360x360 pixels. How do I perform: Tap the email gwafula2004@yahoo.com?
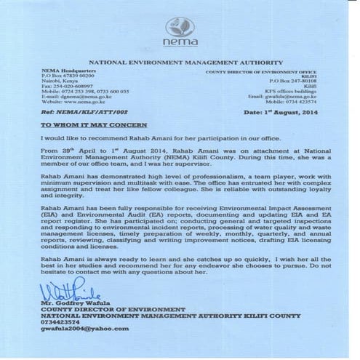point(86,329)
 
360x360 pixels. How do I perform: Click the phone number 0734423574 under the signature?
point(63,322)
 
